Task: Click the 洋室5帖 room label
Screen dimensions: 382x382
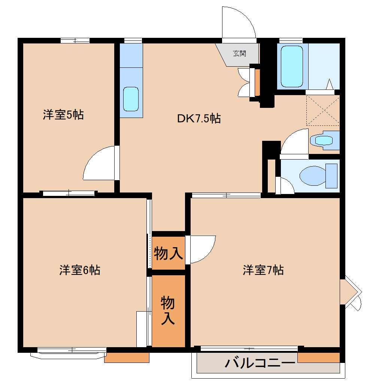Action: (x=63, y=115)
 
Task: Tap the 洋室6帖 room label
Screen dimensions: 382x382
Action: (x=79, y=270)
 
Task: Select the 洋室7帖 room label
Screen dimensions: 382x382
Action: (x=263, y=270)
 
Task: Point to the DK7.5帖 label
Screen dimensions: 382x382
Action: (x=198, y=119)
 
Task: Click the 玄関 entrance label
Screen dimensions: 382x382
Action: (x=240, y=53)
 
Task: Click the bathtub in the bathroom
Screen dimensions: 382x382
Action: (x=292, y=67)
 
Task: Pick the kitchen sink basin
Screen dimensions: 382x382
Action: (x=131, y=99)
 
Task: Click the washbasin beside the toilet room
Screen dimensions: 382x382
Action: (x=324, y=140)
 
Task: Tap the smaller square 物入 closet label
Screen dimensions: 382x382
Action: (x=169, y=254)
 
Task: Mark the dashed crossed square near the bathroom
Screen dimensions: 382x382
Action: (x=323, y=110)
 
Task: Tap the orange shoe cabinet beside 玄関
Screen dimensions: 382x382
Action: (x=257, y=82)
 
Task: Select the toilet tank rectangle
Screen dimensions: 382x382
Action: (x=331, y=176)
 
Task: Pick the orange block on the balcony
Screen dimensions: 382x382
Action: (x=318, y=357)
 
